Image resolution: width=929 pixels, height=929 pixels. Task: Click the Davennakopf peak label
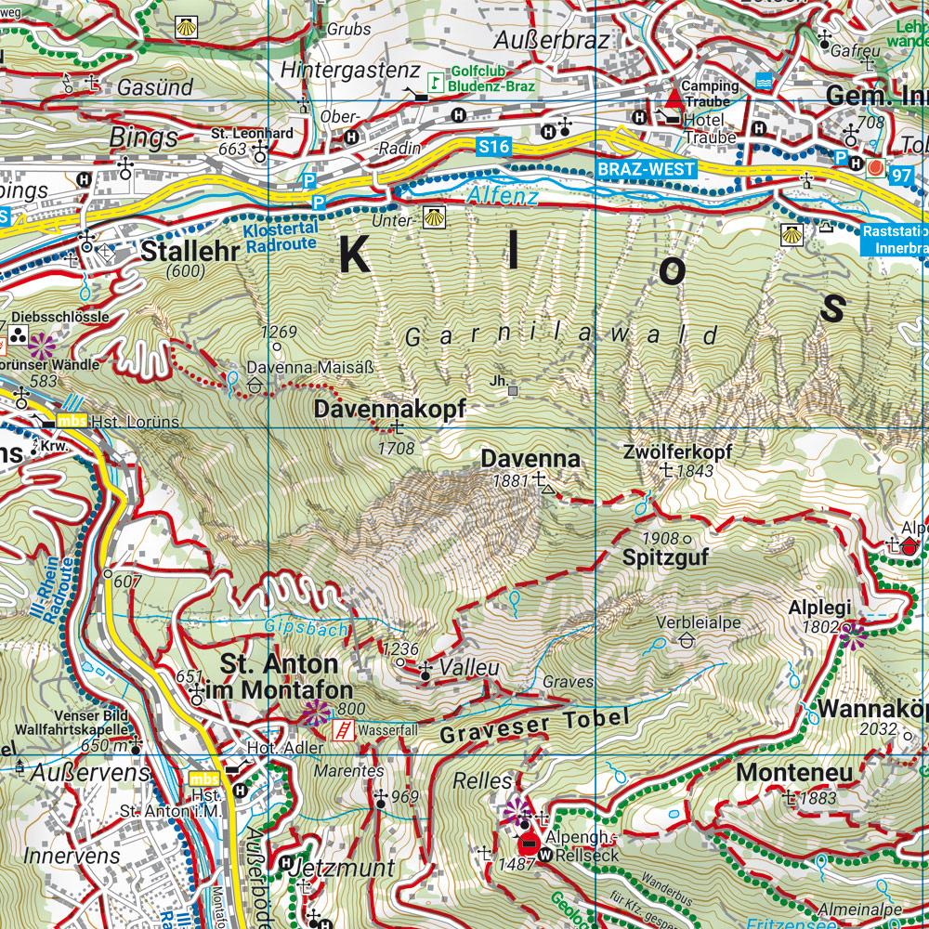[388, 410]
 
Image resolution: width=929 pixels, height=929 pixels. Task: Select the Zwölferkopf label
[677, 452]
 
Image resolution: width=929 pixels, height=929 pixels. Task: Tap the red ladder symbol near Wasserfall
[345, 730]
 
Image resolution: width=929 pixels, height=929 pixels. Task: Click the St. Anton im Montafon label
[286, 678]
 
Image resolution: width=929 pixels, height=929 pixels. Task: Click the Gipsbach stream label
[307, 628]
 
